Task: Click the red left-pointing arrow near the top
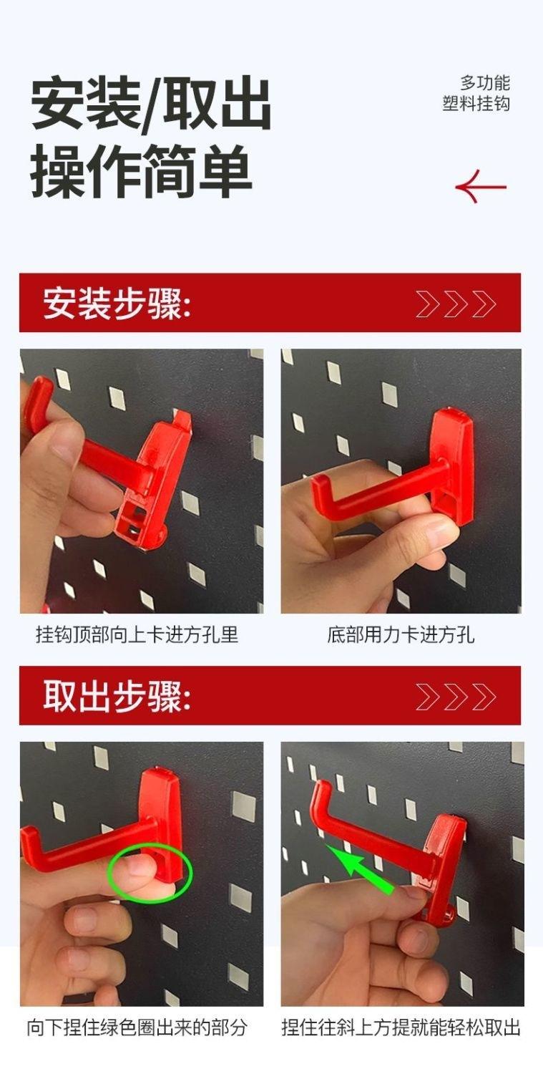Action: [x=481, y=186]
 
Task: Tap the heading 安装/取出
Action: [x=151, y=105]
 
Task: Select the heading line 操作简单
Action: [x=142, y=172]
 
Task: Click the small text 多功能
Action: [x=485, y=83]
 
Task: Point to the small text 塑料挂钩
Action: [x=476, y=104]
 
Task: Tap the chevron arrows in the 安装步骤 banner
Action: [x=456, y=304]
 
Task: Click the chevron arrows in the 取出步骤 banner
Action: [x=456, y=697]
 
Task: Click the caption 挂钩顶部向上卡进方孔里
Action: [x=137, y=635]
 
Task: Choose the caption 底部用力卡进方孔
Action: [x=401, y=635]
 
